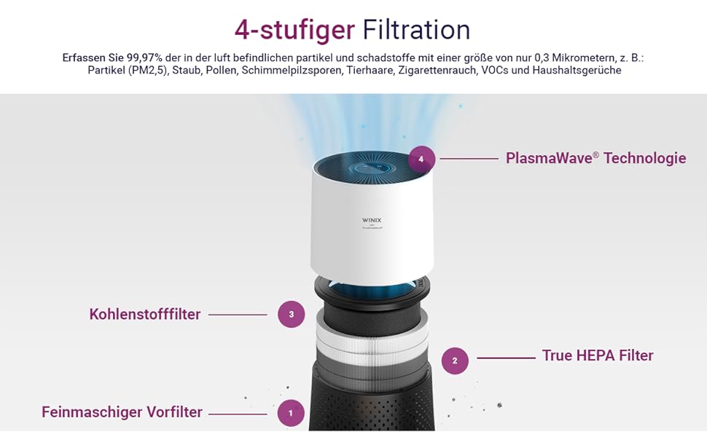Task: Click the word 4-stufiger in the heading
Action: point(294,30)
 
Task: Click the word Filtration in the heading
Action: point(417,30)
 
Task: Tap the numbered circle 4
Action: point(421,159)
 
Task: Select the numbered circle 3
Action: point(292,315)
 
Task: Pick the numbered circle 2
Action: point(455,361)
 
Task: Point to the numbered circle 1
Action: point(291,413)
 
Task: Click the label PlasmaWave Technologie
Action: point(595,158)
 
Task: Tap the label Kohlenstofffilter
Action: point(145,314)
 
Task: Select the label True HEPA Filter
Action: point(598,355)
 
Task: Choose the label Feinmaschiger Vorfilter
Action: point(122,412)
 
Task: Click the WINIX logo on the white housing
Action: point(372,220)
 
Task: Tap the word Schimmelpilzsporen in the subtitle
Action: point(292,70)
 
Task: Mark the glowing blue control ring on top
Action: point(372,168)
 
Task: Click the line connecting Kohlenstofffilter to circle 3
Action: point(238,315)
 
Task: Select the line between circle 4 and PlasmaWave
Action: point(469,159)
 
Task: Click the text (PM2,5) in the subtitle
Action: point(149,70)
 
